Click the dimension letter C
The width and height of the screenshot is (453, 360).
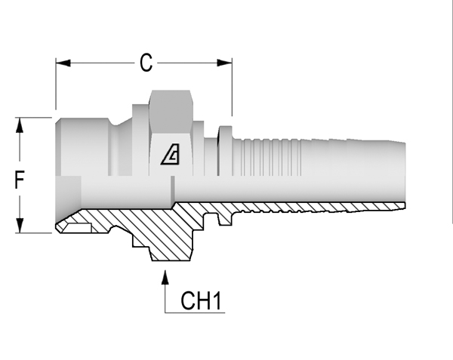point(146,63)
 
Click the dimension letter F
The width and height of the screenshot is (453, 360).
point(19,180)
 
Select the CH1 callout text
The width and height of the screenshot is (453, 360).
point(201,300)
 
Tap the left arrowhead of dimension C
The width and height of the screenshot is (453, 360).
point(63,63)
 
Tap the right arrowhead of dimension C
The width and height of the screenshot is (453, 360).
point(224,63)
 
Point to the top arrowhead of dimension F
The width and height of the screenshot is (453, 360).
point(20,125)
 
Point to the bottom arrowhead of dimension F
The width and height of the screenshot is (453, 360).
point(20,226)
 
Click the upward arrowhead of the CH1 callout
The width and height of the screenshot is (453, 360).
point(165,277)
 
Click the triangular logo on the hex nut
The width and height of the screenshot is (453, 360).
point(171,154)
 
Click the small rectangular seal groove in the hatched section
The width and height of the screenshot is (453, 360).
point(77,228)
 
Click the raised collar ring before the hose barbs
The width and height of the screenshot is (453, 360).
point(225,151)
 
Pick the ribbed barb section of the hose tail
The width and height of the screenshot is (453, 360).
point(267,157)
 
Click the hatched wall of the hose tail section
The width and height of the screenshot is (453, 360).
point(318,208)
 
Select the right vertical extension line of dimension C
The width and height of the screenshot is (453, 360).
point(232,88)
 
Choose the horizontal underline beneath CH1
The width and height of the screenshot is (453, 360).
point(195,312)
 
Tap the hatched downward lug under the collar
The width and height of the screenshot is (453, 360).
point(225,219)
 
